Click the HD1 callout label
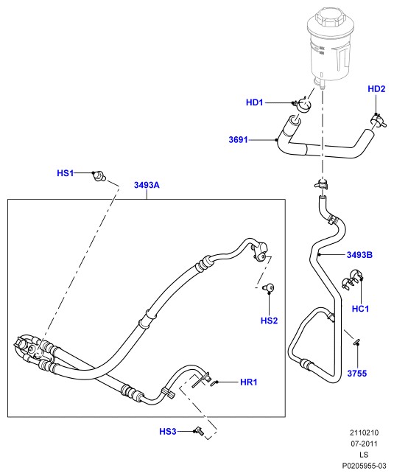(x=255, y=102)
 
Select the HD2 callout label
(x=376, y=88)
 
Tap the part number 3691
(x=238, y=140)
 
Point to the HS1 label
(x=66, y=173)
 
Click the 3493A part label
(x=147, y=185)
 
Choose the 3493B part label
(x=359, y=255)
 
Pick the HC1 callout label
(x=360, y=309)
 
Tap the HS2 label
(x=269, y=321)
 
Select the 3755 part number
(x=357, y=373)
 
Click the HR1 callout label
(x=249, y=382)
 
